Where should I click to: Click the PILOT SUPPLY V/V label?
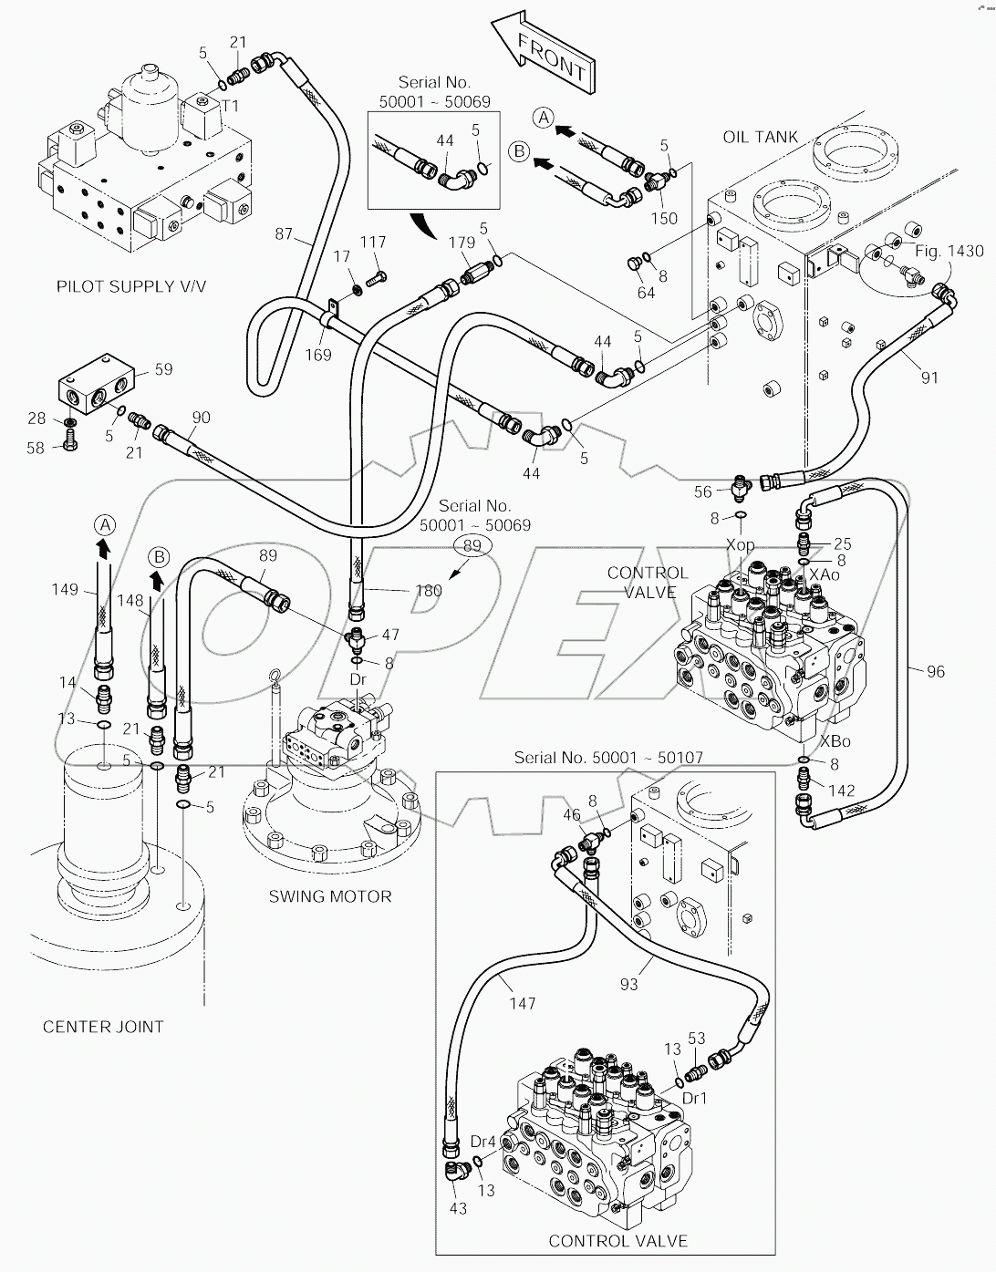coord(131,286)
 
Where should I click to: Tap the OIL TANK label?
coord(760,137)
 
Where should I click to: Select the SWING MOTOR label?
coord(329,896)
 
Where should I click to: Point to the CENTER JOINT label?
coord(103,1027)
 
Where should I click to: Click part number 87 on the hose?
coord(284,234)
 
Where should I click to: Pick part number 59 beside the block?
coord(163,369)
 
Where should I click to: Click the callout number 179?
coord(462,243)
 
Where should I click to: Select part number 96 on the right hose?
coord(936,672)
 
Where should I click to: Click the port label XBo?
coord(836,742)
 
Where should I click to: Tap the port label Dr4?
coord(482,1141)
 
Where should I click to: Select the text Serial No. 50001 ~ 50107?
coord(608,757)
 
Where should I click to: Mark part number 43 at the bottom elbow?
coord(458,1208)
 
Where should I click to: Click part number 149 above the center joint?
coord(65,590)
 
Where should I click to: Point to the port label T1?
coord(231,106)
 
